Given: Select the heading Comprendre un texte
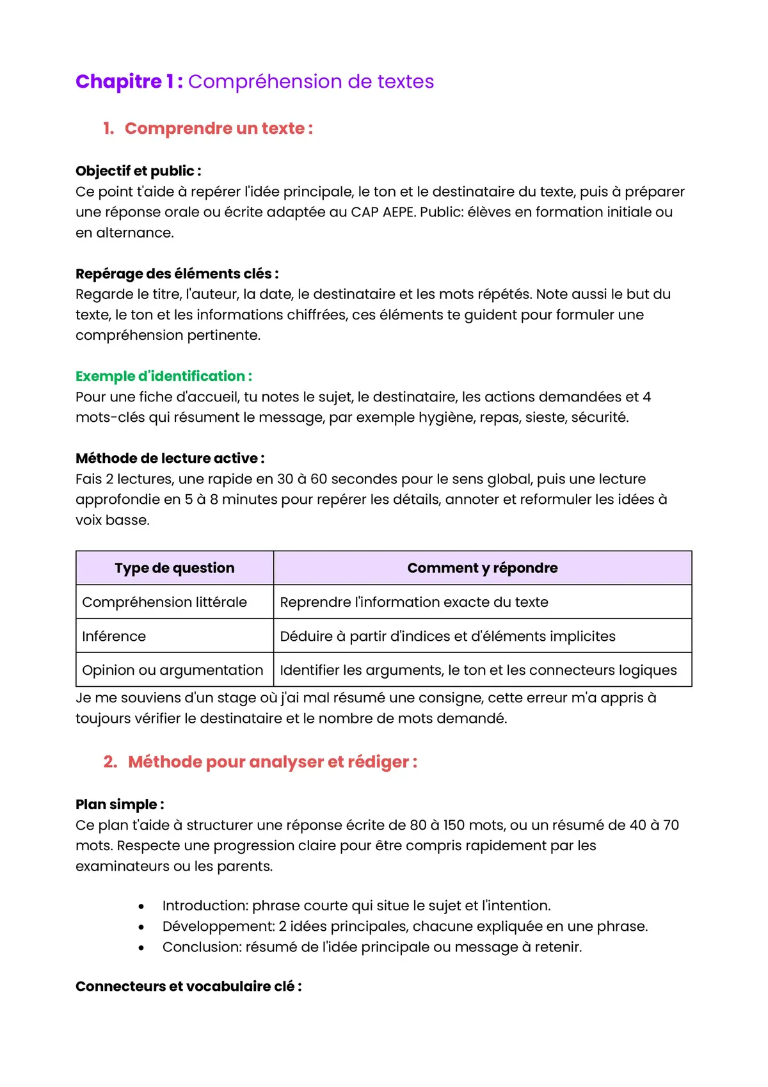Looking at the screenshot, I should click(x=218, y=128).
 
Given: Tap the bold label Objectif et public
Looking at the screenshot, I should click(x=138, y=171).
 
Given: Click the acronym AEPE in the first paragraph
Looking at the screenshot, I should click(x=398, y=212).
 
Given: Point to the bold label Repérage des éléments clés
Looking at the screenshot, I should click(x=177, y=273).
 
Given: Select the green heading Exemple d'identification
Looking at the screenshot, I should click(x=163, y=376).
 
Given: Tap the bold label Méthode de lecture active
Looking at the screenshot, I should click(x=170, y=458).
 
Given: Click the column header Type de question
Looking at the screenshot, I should click(x=175, y=568).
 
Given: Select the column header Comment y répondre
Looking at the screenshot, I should click(x=482, y=568).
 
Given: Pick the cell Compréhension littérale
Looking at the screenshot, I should click(x=164, y=602).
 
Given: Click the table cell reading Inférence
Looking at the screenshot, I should click(x=114, y=636).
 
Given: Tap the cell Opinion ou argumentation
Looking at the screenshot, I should click(x=172, y=670).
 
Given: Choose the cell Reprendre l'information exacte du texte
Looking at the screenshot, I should click(x=413, y=602).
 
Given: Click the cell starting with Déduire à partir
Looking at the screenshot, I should click(x=447, y=636).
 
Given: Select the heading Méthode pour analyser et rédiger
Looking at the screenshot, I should click(x=272, y=762).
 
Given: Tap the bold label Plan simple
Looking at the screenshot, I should click(x=119, y=805).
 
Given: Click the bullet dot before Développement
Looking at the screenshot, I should click(x=141, y=927).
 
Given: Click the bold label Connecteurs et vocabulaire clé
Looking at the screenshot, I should click(x=188, y=986).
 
